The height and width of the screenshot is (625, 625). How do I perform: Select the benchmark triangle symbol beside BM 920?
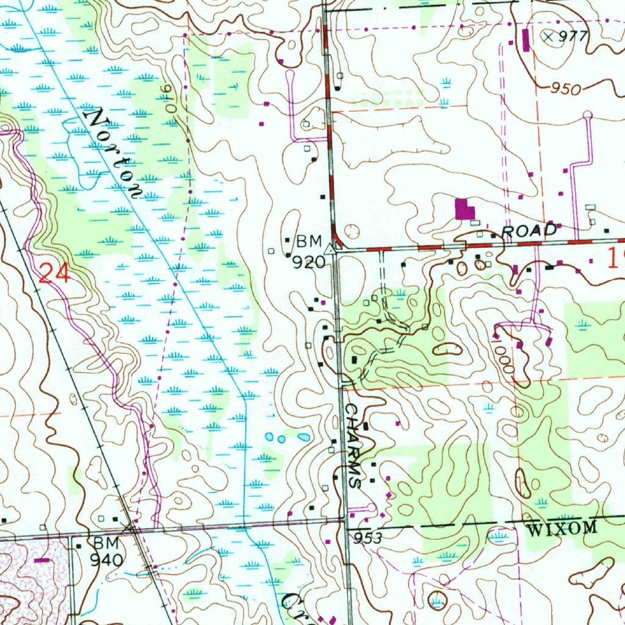pyautogui.click(x=330, y=249)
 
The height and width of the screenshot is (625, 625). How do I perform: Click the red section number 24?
pyautogui.click(x=54, y=272)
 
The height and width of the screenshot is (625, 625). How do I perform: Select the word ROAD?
pyautogui.click(x=529, y=231)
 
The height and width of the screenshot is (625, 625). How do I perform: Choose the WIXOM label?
pyautogui.click(x=562, y=529)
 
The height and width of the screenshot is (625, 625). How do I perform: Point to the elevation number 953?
pyautogui.click(x=367, y=538)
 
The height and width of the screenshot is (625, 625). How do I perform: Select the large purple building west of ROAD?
pyautogui.click(x=465, y=210)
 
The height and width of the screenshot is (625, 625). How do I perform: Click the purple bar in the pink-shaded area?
pyautogui.click(x=43, y=559)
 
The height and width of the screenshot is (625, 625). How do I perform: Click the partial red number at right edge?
pyautogui.click(x=616, y=259)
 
